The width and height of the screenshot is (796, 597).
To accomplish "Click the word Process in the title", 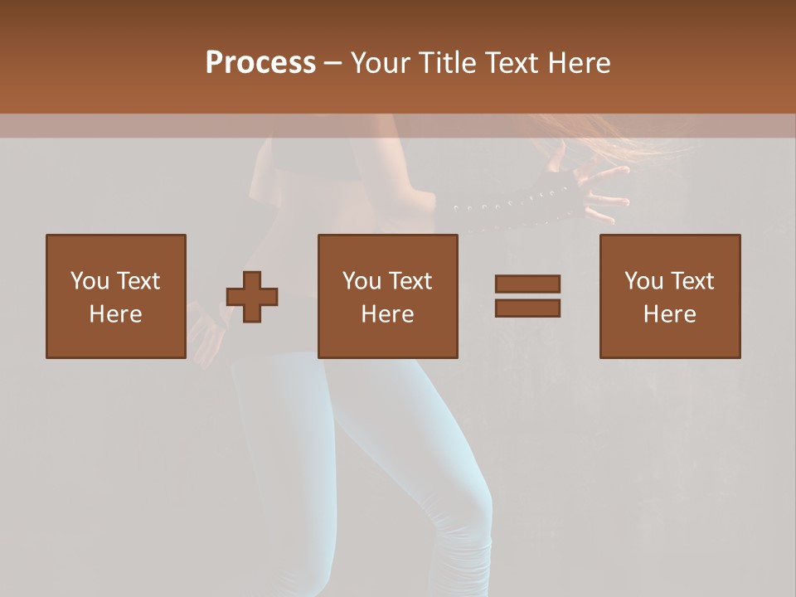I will coord(260,63).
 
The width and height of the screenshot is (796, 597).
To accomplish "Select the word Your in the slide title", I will coord(381,63).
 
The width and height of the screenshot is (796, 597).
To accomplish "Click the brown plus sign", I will coord(252,297).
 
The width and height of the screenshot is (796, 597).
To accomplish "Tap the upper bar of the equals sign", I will coord(527,284).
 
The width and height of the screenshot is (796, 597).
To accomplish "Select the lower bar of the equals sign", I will coord(527,308).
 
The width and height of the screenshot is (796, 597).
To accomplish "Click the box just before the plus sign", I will coord(116,296).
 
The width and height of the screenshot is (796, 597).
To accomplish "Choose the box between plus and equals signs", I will coord(387,296).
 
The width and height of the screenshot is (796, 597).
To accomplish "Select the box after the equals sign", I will coord(669,296).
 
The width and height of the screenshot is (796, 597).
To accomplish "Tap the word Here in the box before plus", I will coord(115,314).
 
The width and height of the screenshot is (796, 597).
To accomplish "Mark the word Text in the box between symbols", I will coord(410,281).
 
